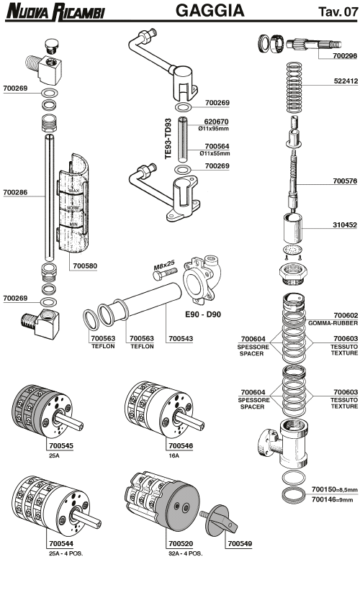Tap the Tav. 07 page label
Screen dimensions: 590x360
coord(333,12)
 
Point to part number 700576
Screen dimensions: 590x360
coord(345,181)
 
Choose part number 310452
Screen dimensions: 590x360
coord(345,224)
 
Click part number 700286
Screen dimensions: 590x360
coord(16,193)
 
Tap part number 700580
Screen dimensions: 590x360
coord(85,265)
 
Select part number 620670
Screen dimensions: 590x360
coord(216,122)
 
